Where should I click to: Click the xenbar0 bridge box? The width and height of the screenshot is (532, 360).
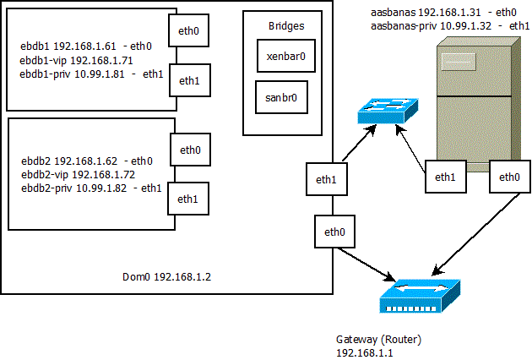[284, 56]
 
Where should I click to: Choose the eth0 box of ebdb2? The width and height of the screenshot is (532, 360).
[190, 150]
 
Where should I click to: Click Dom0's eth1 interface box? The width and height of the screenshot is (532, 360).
[326, 180]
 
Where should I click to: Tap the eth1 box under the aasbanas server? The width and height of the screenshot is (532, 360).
[445, 177]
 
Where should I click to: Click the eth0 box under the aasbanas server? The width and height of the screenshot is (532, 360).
[510, 177]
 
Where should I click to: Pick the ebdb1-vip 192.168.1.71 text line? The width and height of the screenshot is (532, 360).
[77, 62]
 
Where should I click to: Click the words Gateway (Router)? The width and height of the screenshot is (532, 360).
[378, 340]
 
